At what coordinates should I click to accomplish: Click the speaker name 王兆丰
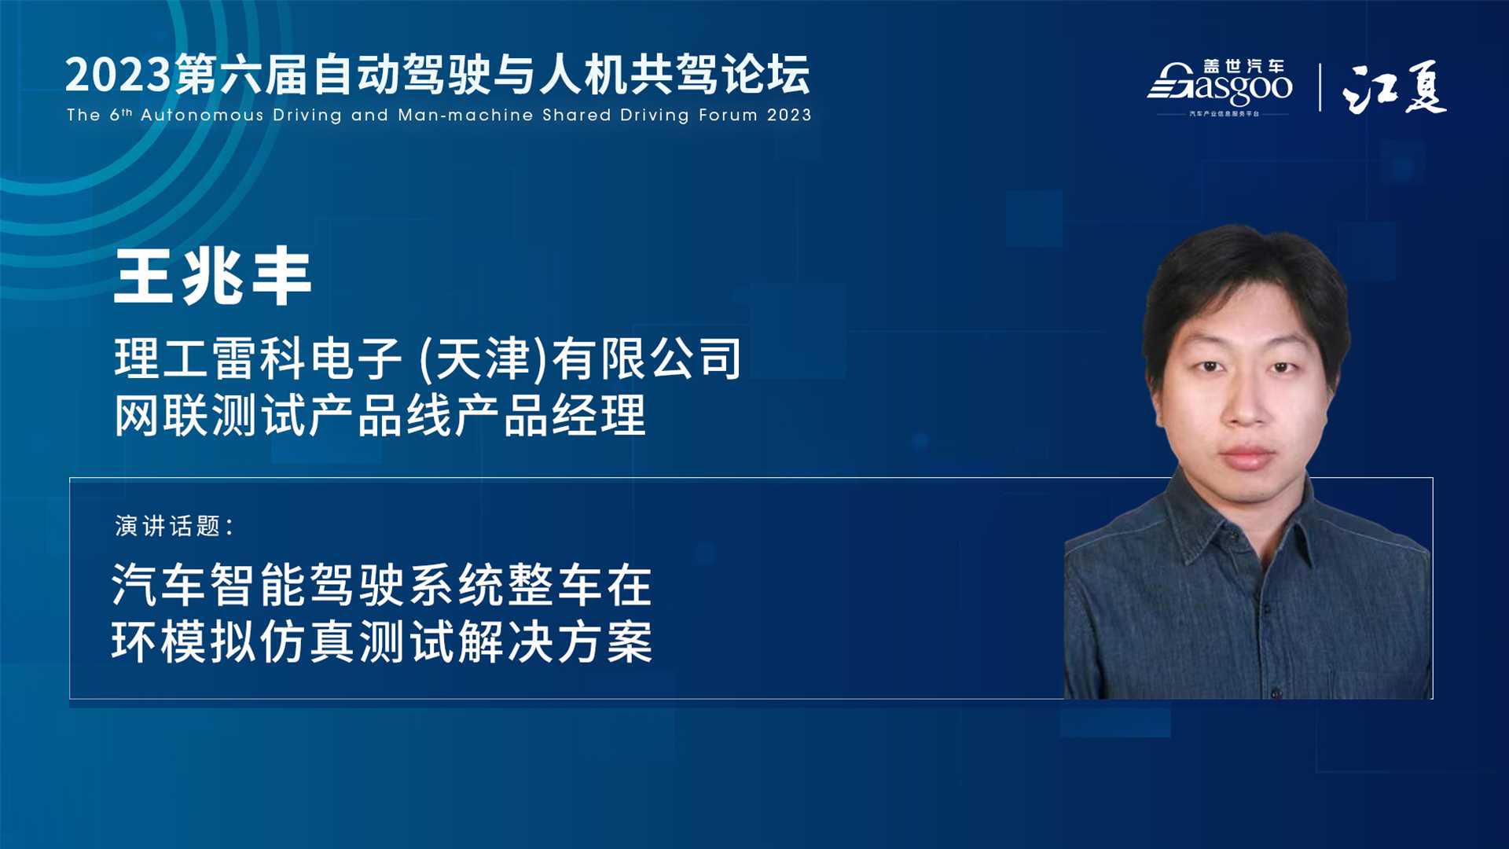pos(213,277)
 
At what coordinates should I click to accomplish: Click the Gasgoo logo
pos(1220,87)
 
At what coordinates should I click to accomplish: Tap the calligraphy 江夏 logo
pos(1394,87)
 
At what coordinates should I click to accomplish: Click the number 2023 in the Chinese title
pos(118,75)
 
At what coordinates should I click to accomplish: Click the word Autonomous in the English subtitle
pos(202,115)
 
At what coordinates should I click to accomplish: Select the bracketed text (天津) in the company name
pos(483,359)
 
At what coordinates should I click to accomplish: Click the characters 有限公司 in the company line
pos(647,358)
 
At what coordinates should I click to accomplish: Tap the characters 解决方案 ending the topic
pos(556,641)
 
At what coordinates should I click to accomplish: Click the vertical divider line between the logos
pos(1320,87)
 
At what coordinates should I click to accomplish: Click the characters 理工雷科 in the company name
pos(210,358)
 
